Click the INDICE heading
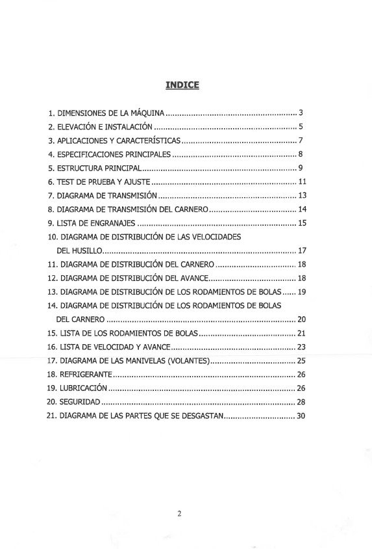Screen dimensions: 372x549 click(182, 84)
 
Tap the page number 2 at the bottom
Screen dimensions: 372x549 click(179, 513)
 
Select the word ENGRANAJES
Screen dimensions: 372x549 click(102, 223)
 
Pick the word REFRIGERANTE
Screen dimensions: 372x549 click(86, 374)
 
